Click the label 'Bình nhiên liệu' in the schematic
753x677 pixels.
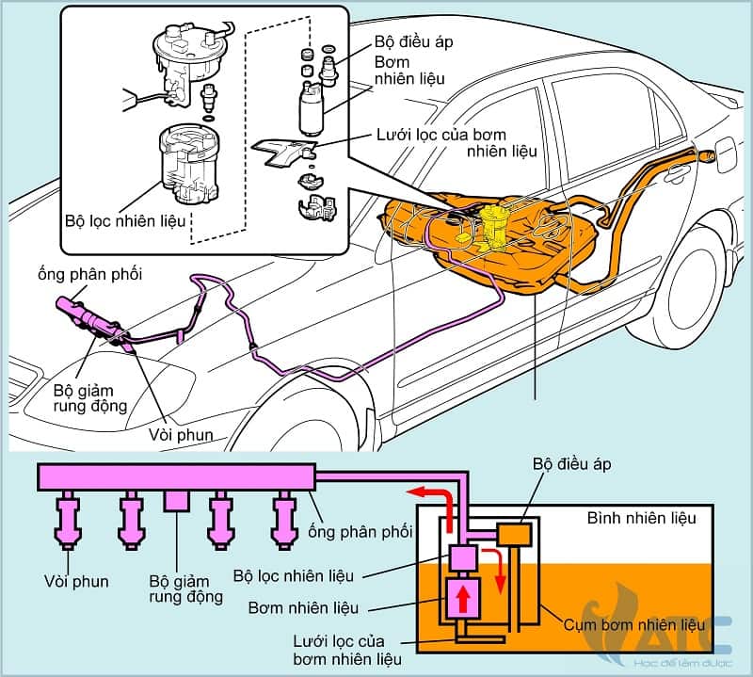tap(641, 518)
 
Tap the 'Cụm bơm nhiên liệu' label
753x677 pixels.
tap(649, 624)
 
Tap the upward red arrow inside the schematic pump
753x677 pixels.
tap(464, 599)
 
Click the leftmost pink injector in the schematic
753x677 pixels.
tap(69, 521)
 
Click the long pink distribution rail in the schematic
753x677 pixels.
tap(174, 476)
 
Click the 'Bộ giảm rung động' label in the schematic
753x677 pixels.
tap(185, 588)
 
